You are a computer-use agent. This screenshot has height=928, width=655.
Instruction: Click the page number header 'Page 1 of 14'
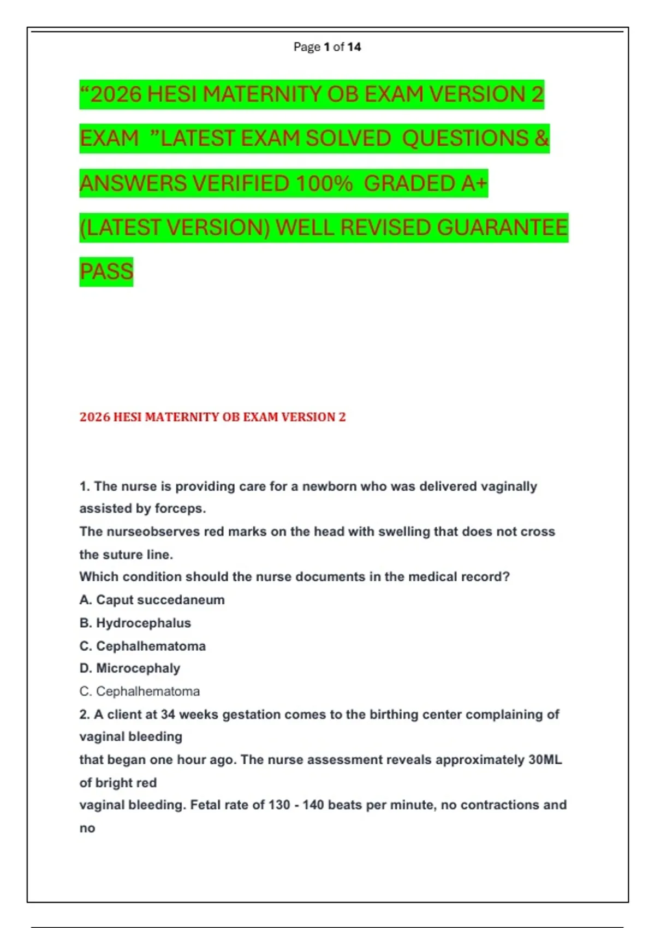[327, 47]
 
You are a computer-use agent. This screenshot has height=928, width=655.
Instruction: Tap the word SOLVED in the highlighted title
[348, 139]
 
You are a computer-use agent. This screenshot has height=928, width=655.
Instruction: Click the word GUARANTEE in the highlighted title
[502, 228]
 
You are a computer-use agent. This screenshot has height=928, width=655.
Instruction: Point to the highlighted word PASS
[106, 272]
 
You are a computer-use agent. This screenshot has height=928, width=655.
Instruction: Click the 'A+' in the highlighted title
[473, 183]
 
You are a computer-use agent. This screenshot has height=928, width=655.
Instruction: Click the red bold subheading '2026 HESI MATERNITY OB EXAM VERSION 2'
[212, 417]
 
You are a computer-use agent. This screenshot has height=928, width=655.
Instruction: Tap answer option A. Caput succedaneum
[152, 600]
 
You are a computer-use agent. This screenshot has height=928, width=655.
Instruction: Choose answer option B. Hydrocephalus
[135, 623]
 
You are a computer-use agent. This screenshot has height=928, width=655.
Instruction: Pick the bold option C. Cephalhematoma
[142, 646]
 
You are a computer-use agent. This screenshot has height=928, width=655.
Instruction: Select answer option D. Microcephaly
[129, 668]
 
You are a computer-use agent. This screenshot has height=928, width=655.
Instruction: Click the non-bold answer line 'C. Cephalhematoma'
[139, 691]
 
